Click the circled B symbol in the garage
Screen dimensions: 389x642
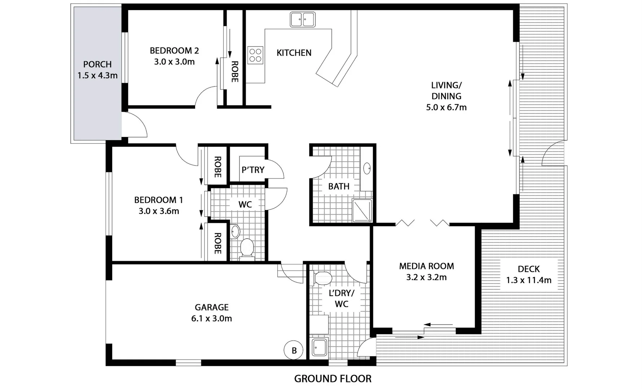coord(294,350)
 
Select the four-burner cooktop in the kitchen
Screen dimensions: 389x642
coord(255,55)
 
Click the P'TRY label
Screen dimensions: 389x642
coord(253,170)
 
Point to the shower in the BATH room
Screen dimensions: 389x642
coord(362,211)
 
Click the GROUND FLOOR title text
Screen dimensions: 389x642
coord(333,379)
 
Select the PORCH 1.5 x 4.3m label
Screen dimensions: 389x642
coord(97,70)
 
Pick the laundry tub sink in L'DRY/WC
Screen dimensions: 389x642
coord(318,348)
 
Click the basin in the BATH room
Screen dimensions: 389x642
coord(367,168)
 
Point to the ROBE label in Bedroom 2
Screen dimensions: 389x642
coord(234,72)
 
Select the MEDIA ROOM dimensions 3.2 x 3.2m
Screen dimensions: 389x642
coord(426,277)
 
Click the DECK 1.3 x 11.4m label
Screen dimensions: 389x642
coord(528,274)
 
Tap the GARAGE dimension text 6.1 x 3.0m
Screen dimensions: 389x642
coord(211,318)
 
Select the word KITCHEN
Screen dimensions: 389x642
coord(294,53)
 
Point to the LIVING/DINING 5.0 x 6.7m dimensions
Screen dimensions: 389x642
coord(446,107)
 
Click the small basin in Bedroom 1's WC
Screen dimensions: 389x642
coord(235,231)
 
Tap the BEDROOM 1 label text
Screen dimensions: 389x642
coord(159,200)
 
